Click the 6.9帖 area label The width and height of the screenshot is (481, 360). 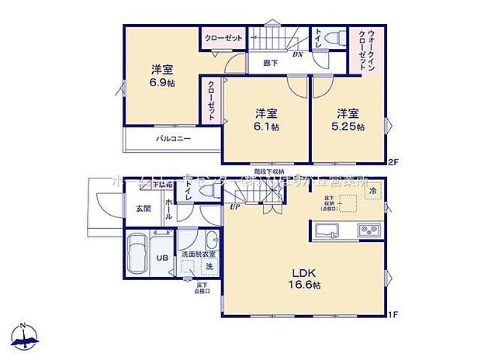point(162,82)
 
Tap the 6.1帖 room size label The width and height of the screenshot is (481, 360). point(266,126)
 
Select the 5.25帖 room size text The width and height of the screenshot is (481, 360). point(349,126)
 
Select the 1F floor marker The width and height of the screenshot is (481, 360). point(393,314)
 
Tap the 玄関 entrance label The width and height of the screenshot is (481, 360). point(144,207)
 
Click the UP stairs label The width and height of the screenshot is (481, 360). point(234,206)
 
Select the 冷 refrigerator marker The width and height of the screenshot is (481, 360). point(373,191)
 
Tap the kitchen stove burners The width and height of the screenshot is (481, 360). point(365,230)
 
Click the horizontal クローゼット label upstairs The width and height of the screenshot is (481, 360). point(224,37)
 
